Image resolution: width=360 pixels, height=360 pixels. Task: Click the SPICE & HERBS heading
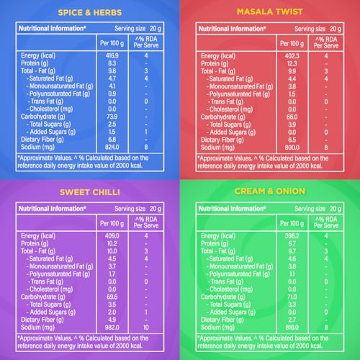click(90, 12)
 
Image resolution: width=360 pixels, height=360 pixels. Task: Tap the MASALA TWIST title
click(270, 12)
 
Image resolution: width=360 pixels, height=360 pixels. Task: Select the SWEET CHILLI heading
click(90, 192)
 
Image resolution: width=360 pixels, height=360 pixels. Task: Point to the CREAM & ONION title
click(270, 192)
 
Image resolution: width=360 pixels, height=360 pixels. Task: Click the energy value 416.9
click(112, 55)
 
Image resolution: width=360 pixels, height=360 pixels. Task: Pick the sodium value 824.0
click(112, 147)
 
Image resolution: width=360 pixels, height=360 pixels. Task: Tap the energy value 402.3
click(292, 56)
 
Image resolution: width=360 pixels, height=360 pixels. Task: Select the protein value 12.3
click(292, 64)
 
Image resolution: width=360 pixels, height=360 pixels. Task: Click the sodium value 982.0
click(112, 328)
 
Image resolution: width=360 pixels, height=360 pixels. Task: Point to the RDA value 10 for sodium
click(146, 328)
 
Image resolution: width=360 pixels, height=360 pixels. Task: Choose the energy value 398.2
click(292, 235)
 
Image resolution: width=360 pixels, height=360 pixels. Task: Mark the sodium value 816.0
click(292, 328)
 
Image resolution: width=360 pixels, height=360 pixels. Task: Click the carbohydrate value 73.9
click(112, 117)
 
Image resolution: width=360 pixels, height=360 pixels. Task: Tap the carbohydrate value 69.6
click(112, 297)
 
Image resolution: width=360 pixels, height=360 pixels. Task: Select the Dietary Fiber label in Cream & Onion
click(222, 320)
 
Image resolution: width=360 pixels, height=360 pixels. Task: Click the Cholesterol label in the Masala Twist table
click(230, 109)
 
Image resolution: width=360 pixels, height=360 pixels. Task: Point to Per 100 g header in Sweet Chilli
click(112, 223)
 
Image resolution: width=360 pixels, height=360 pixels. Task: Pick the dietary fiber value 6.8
click(112, 140)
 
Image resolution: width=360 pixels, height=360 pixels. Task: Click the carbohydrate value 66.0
click(292, 117)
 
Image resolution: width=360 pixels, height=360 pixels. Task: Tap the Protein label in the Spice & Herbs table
click(35, 63)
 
